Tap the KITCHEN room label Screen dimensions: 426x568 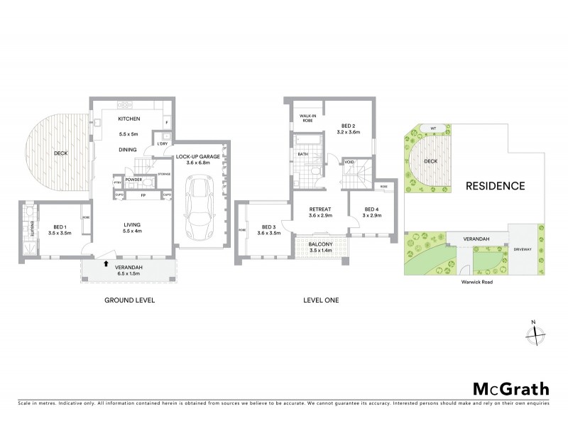click(x=129, y=119)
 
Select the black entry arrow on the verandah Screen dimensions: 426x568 click(x=106, y=263)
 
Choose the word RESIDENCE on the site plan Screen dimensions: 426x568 click(x=496, y=186)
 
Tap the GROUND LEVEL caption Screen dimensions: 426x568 click(x=129, y=300)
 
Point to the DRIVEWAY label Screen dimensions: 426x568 click(x=523, y=248)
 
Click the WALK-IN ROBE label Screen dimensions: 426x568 click(x=307, y=118)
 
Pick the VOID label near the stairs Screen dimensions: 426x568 click(x=349, y=161)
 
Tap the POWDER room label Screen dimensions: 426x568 click(x=133, y=180)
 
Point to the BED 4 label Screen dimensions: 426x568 click(x=371, y=209)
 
